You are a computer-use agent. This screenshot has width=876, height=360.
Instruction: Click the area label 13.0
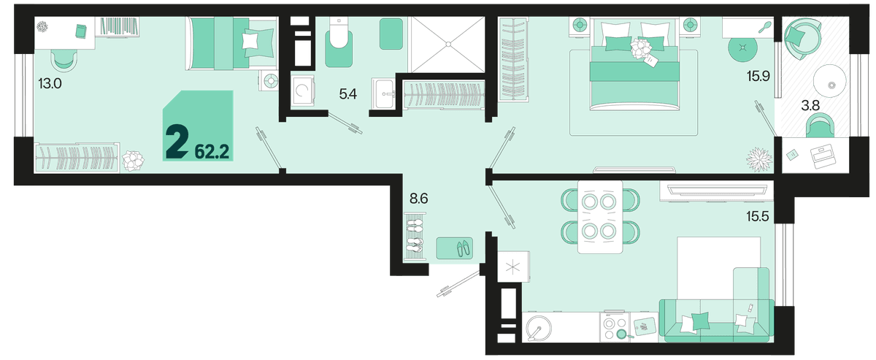tap(50, 83)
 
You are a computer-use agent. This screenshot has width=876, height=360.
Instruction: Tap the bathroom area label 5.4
tap(348, 94)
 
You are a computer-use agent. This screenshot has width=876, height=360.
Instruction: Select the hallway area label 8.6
tap(418, 199)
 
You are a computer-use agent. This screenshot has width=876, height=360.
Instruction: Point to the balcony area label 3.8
tap(810, 105)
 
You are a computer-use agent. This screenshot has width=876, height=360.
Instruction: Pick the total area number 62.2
tap(212, 151)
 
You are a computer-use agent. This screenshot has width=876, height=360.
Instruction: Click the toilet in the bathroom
tap(339, 42)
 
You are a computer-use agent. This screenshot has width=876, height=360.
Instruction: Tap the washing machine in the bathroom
tap(303, 91)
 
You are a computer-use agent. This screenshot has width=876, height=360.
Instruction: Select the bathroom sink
tap(383, 94)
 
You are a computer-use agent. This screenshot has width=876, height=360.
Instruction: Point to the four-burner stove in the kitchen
tap(615, 326)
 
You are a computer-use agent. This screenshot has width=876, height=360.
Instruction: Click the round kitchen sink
tap(539, 328)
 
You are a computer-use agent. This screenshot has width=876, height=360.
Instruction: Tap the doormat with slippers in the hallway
tap(454, 248)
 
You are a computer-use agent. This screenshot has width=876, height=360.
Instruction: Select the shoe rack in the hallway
tap(415, 237)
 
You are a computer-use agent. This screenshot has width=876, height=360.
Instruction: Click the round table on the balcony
tap(829, 80)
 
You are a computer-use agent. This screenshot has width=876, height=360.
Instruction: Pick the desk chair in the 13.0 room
tap(64, 61)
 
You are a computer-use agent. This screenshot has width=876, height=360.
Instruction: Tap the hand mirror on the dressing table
tap(765, 28)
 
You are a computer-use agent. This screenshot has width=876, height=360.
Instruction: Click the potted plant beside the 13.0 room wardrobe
tap(133, 161)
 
